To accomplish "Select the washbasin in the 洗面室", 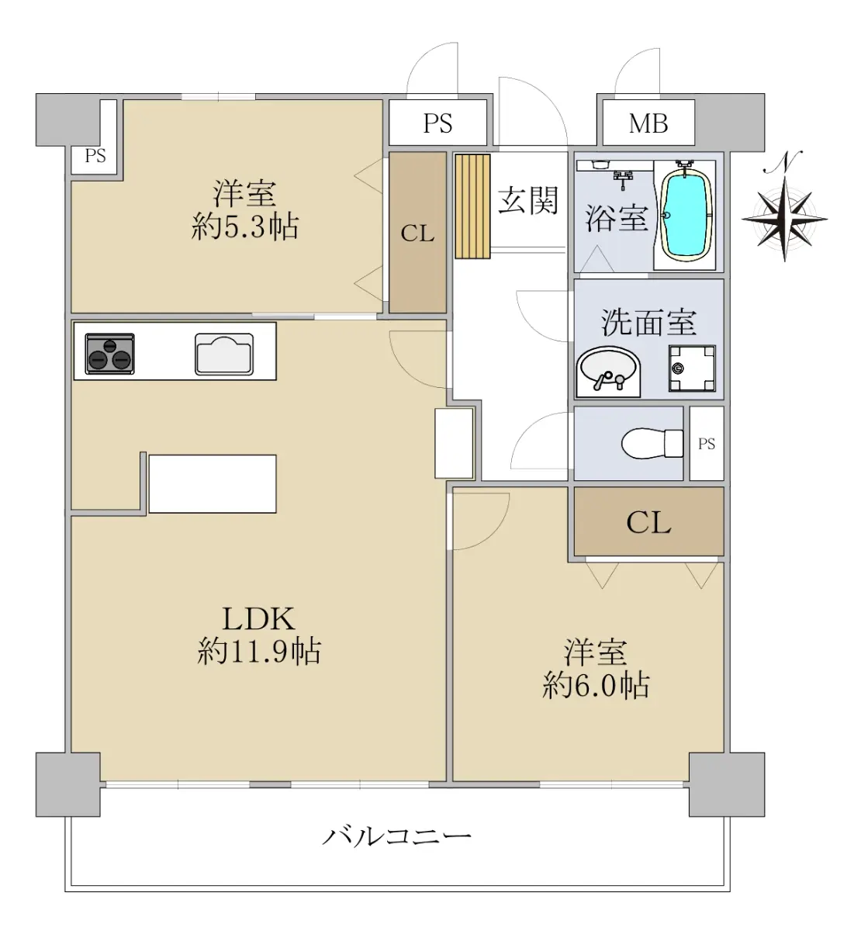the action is click(608, 372).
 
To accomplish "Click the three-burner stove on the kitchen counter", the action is click(109, 354).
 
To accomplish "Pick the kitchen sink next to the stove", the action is click(224, 354).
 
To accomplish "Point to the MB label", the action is click(648, 123).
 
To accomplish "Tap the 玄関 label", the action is click(528, 200).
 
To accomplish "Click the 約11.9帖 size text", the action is click(259, 651).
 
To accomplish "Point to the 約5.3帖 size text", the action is click(245, 227).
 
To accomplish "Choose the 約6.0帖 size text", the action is click(596, 686).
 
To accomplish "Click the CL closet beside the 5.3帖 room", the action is click(417, 232).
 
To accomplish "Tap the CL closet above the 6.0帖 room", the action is click(648, 521).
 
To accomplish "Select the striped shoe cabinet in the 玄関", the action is click(472, 206).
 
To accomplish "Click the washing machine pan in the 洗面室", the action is click(692, 368).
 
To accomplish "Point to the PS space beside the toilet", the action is click(706, 443).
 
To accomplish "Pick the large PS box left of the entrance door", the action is click(437, 123).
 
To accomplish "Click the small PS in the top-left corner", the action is click(95, 156).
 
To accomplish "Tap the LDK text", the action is click(258, 618).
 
